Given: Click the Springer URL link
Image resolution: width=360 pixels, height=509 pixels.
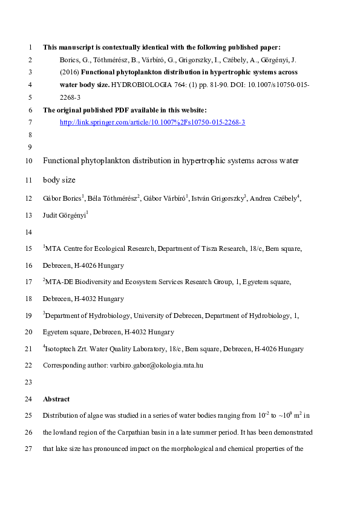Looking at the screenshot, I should click(152, 122).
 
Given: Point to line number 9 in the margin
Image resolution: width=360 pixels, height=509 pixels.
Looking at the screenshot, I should click(30, 147).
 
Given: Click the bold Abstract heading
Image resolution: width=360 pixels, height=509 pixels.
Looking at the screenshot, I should click(56, 399).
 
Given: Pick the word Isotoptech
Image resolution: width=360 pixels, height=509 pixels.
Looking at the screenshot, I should click(62, 349).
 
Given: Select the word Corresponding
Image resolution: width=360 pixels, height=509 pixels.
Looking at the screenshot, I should click(62, 366).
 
